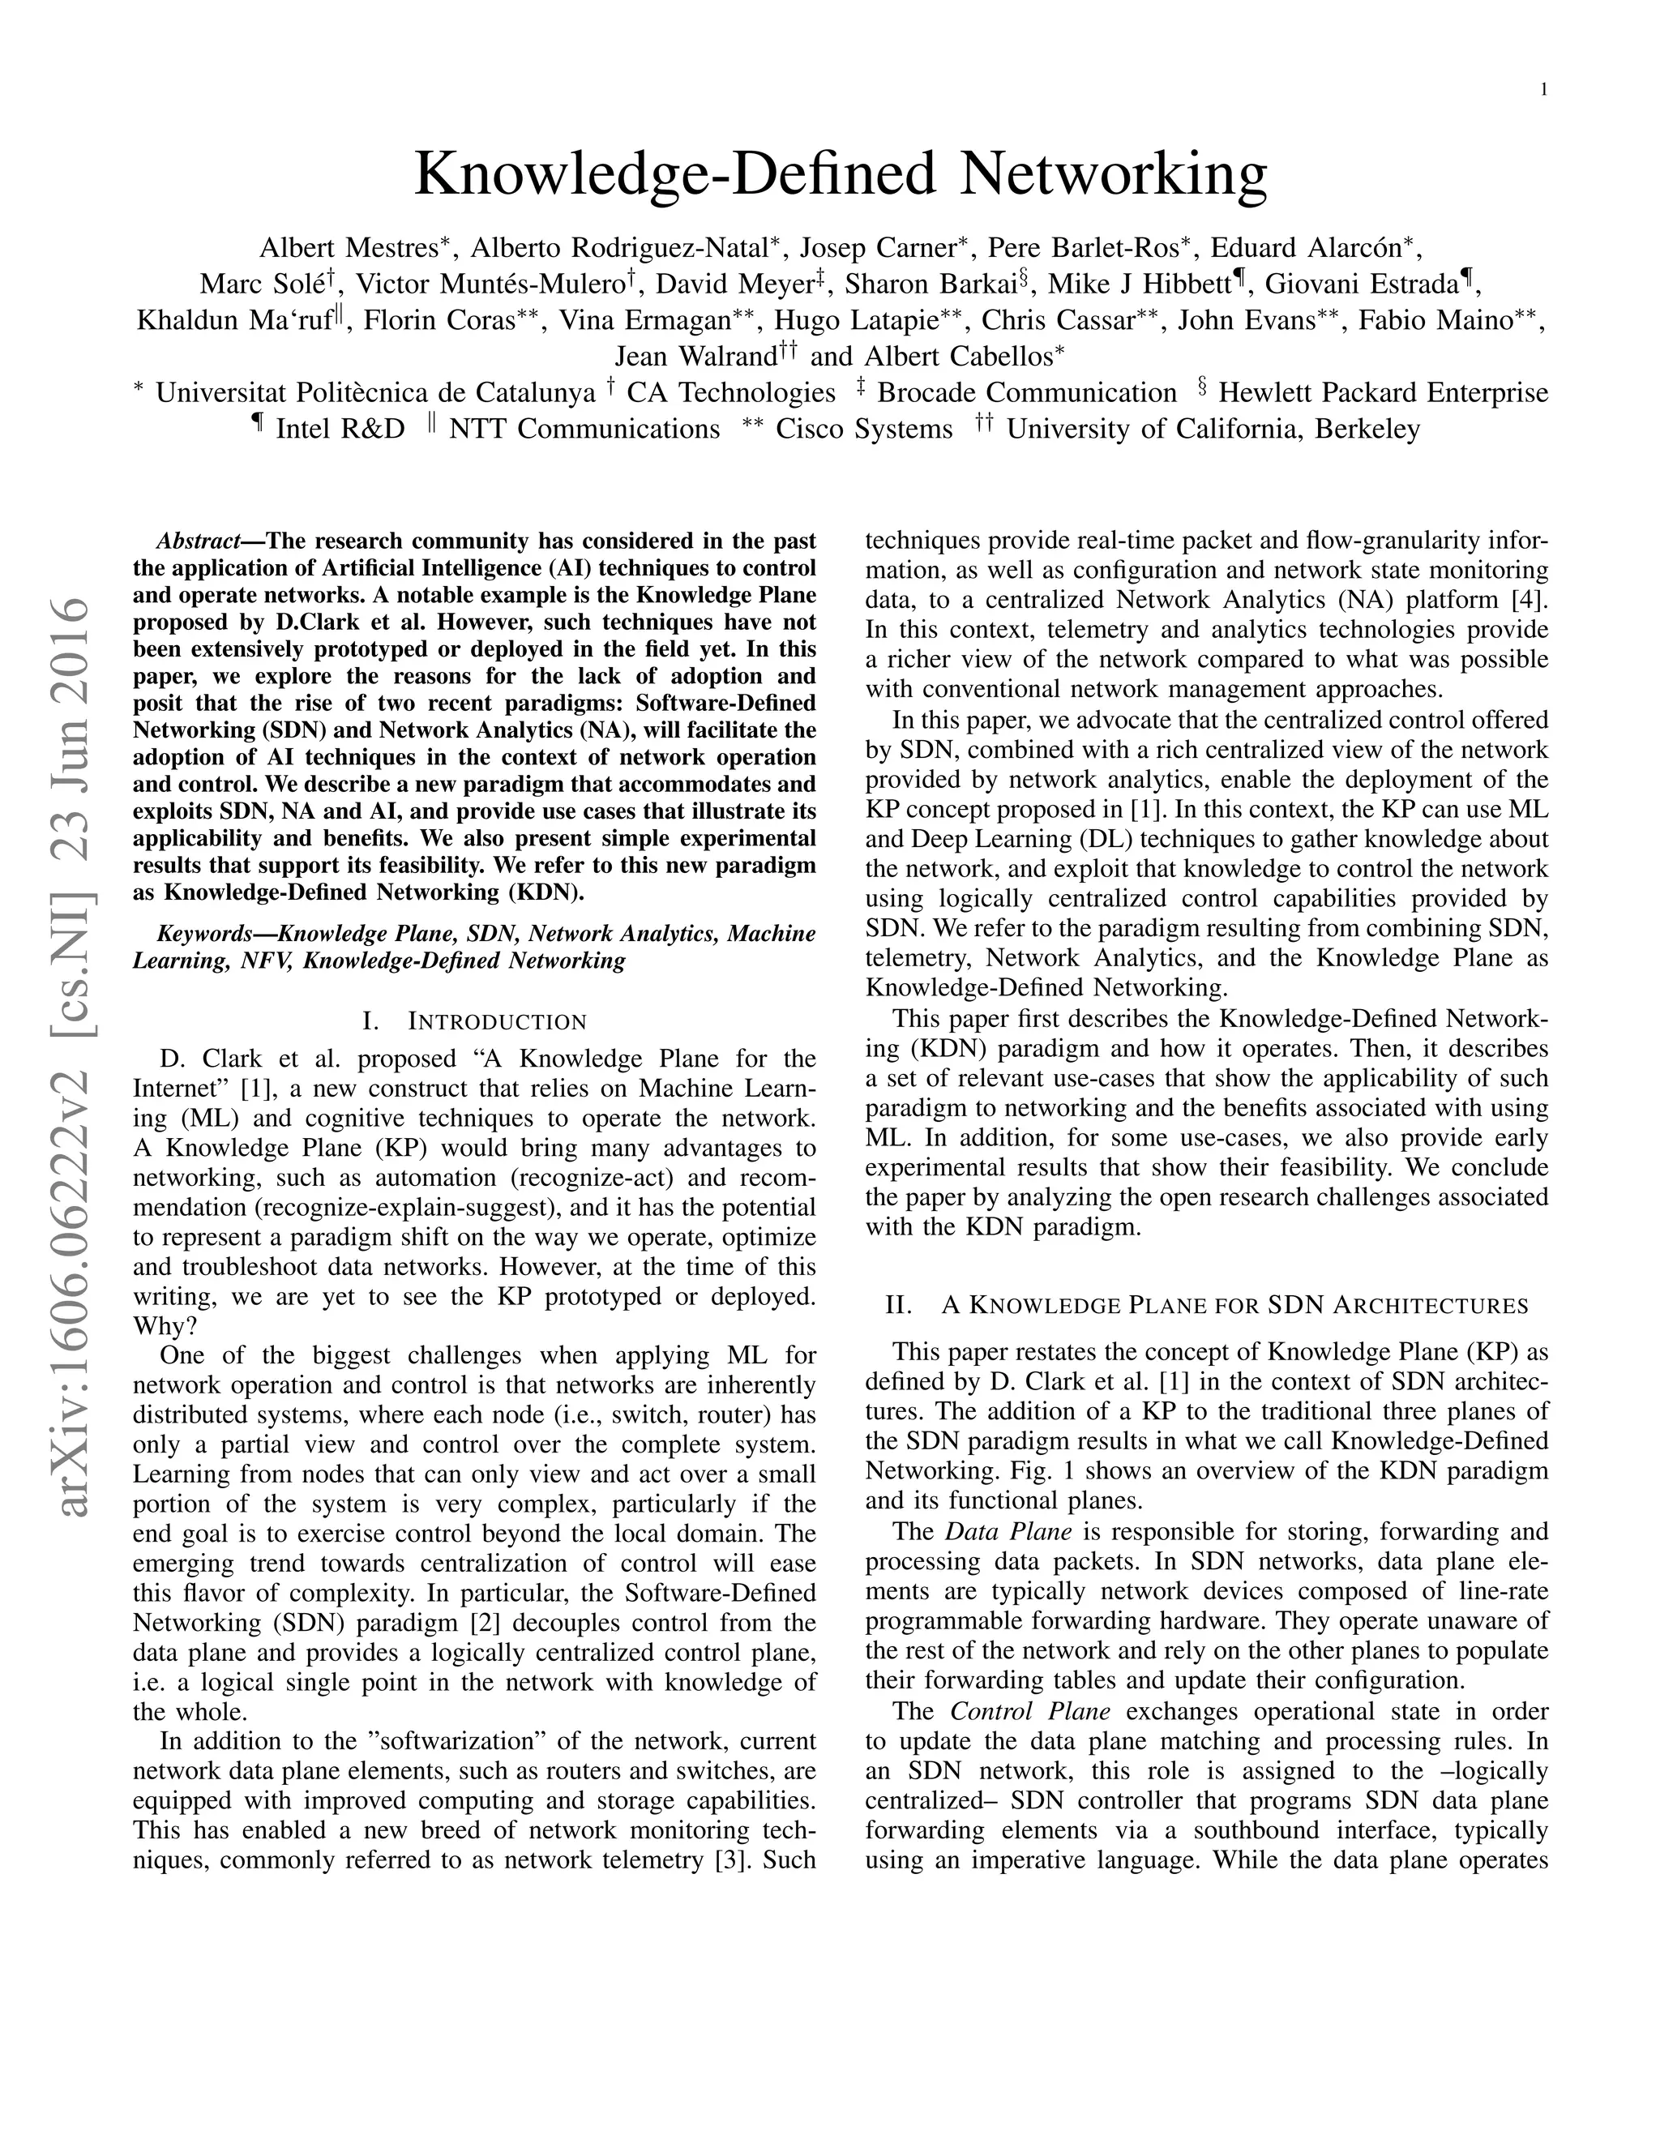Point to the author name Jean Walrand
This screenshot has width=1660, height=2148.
[x=696, y=356]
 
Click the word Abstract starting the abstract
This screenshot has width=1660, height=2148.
[x=199, y=541]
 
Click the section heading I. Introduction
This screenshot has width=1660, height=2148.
[x=474, y=1021]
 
